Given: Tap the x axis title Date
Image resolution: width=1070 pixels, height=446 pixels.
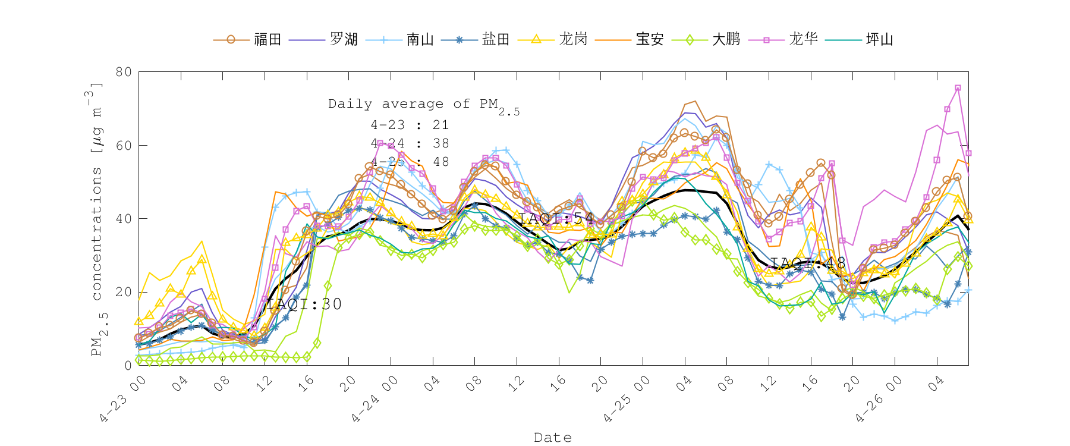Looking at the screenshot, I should tap(553, 438).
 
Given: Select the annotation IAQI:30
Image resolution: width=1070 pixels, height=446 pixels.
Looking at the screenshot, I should tap(304, 304).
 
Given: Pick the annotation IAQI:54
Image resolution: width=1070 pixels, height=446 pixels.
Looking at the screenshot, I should tap(556, 218).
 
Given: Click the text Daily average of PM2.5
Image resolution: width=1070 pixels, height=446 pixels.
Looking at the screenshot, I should tap(423, 105).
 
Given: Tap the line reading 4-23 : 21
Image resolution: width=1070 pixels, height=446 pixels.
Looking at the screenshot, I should tap(410, 125).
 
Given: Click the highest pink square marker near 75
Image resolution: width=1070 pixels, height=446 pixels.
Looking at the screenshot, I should tap(958, 88).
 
